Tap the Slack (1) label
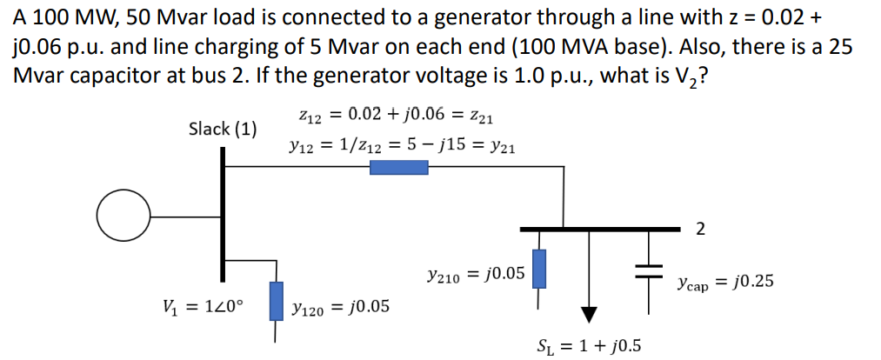pos(223,130)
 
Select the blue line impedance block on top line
pos(398,168)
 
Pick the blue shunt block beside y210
pos(539,269)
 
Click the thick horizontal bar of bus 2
pos(599,229)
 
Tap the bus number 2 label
pos(701,230)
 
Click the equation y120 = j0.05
pos(341,306)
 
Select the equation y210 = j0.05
pos(476,274)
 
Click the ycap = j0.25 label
pos(724,282)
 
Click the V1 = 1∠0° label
pos(204,306)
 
